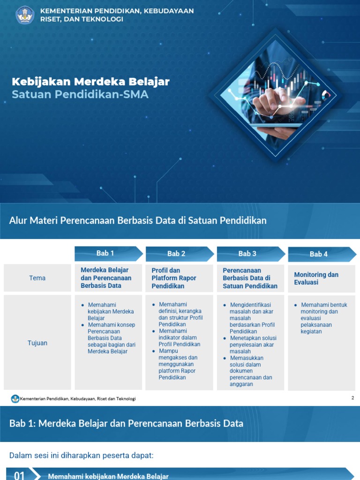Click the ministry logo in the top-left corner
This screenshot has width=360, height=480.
(25, 15)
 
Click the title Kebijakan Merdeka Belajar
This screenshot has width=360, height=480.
(90, 82)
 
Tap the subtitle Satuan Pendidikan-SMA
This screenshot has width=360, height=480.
(80, 94)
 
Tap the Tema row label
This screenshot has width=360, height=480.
(37, 278)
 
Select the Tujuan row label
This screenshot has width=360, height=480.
(37, 343)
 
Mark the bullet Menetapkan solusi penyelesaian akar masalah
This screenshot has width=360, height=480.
(253, 345)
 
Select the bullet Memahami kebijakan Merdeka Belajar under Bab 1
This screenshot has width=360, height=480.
(110, 311)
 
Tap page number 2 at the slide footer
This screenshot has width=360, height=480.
(352, 398)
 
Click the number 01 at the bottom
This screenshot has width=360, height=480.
(19, 476)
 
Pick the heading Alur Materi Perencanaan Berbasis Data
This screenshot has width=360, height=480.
(138, 220)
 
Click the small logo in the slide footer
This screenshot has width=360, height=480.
(15, 398)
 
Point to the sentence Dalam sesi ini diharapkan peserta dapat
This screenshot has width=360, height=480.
(82, 455)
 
